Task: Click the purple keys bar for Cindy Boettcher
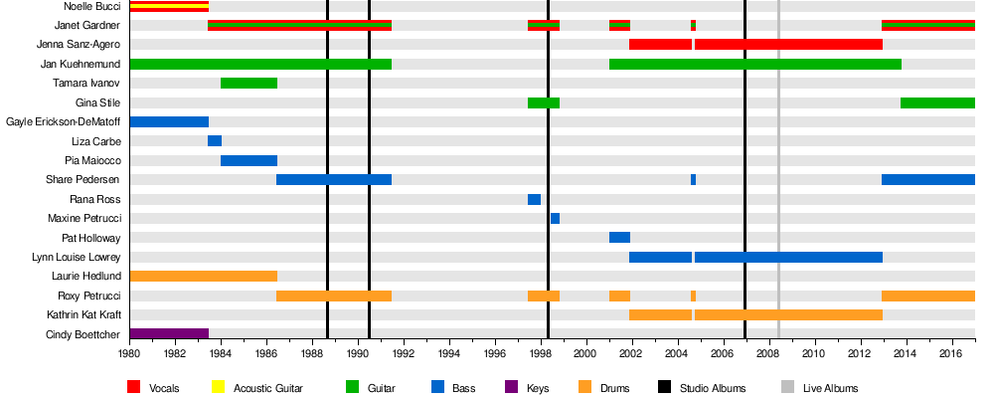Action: (x=169, y=334)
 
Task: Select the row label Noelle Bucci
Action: (x=91, y=7)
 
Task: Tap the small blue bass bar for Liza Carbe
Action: (x=215, y=141)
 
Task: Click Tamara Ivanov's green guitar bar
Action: (x=248, y=83)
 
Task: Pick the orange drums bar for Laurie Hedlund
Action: (x=203, y=276)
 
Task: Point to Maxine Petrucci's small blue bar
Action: (x=555, y=218)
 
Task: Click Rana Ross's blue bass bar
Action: (x=534, y=199)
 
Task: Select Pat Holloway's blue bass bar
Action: (x=619, y=237)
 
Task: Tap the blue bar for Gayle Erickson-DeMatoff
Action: (x=169, y=121)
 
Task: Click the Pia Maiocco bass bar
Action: (x=248, y=160)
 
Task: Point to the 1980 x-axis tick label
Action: (x=129, y=353)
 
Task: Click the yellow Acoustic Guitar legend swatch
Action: (x=219, y=387)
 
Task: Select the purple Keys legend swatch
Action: (x=511, y=387)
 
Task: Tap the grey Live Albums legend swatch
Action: (x=785, y=387)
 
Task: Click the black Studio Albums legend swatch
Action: (x=665, y=387)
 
